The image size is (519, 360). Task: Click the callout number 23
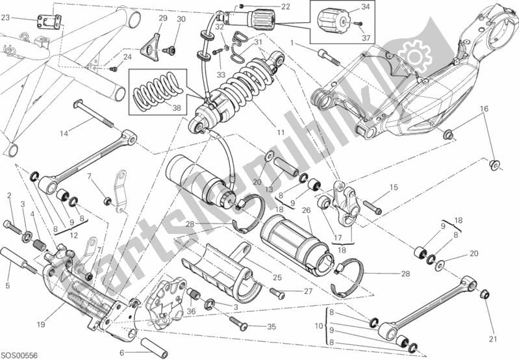click(5, 18)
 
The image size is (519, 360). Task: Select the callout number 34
click(365, 7)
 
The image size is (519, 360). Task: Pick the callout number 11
click(280, 132)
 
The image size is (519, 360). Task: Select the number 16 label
click(483, 108)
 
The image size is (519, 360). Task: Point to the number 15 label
click(393, 188)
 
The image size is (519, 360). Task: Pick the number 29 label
click(163, 19)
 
